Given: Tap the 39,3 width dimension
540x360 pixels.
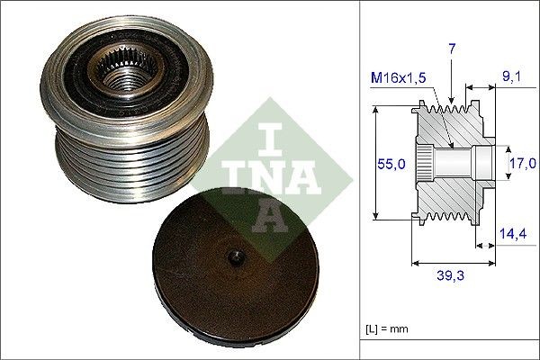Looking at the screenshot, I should (x=454, y=277).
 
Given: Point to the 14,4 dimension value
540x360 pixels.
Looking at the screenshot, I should (x=513, y=232).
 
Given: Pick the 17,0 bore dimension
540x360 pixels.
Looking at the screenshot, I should (x=522, y=163).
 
